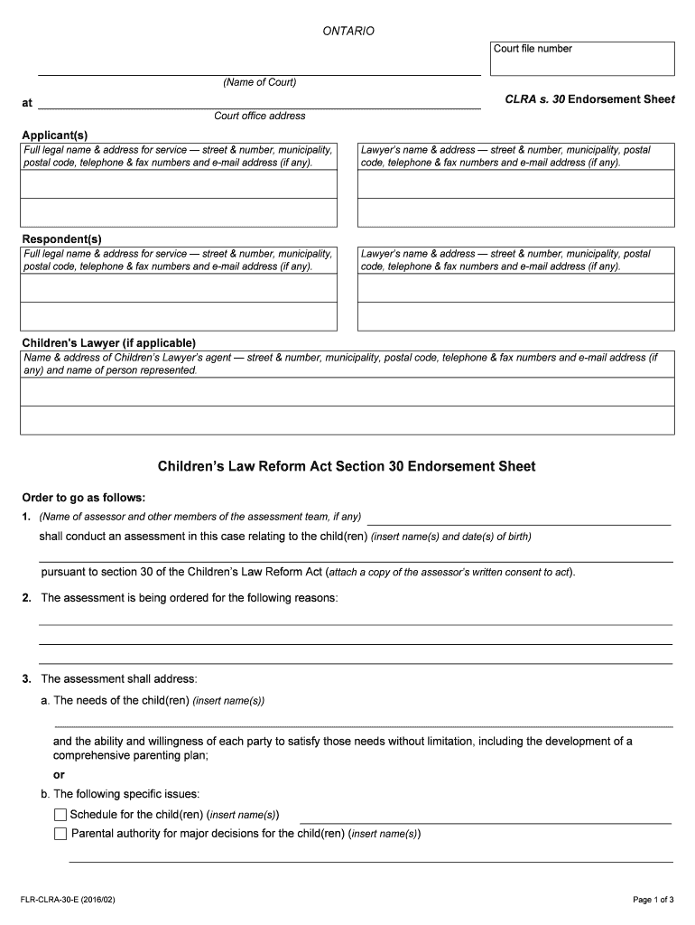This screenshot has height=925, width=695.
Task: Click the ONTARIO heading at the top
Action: tap(348, 32)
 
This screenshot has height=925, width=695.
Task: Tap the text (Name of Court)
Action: tap(259, 83)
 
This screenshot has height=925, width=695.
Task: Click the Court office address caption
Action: tap(259, 116)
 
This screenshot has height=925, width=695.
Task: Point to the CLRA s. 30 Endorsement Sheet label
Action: tap(589, 99)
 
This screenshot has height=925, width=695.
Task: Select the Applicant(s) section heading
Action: tap(55, 135)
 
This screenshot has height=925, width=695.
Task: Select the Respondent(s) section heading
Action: tap(61, 238)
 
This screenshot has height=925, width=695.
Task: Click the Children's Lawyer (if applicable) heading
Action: tap(108, 343)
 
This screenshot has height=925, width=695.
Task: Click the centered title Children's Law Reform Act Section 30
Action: tap(347, 467)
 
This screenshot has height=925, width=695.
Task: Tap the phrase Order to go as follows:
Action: tap(83, 498)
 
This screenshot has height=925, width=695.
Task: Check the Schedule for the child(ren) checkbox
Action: tap(60, 815)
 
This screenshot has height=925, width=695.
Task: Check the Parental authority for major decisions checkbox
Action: tap(60, 834)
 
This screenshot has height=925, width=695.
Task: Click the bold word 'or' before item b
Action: tap(59, 774)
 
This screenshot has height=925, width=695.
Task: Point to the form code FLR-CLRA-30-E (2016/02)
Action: tap(69, 900)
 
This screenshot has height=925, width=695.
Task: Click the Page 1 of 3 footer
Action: tap(653, 900)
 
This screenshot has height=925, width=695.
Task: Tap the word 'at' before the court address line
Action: tap(27, 103)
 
